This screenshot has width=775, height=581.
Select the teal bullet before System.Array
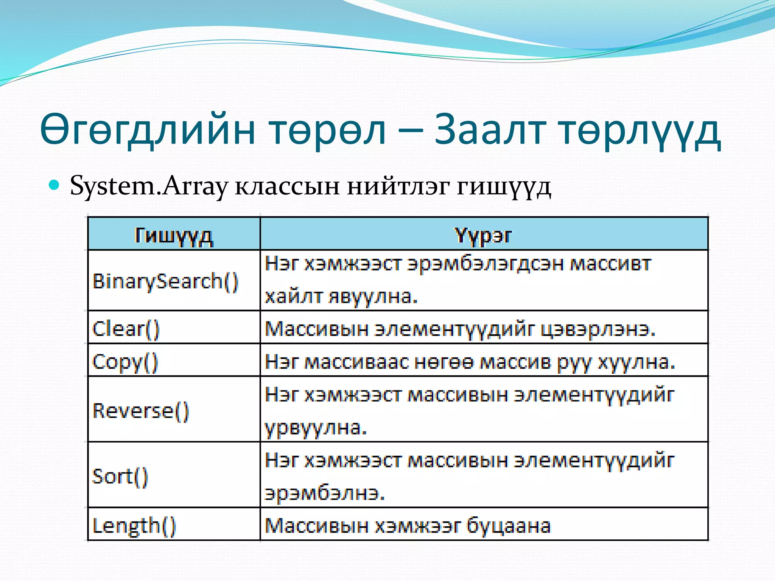pyautogui.click(x=55, y=185)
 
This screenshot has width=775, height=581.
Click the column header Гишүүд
pyautogui.click(x=174, y=236)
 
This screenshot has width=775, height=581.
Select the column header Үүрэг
pyautogui.click(x=483, y=236)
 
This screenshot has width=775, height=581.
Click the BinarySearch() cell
pyautogui.click(x=165, y=281)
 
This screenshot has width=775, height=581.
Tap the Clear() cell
pyautogui.click(x=126, y=328)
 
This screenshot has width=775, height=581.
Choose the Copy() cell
pyautogui.click(x=125, y=362)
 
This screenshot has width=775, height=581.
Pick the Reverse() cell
pyautogui.click(x=140, y=410)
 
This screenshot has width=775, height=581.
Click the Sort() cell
pyautogui.click(x=120, y=476)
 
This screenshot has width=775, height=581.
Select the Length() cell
pyautogui.click(x=134, y=526)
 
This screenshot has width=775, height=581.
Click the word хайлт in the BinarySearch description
pyautogui.click(x=293, y=296)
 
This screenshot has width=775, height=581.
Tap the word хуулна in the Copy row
pyautogui.click(x=636, y=362)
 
